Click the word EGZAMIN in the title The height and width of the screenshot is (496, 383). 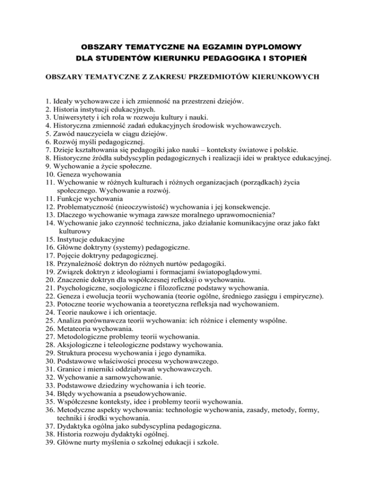[204, 47]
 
